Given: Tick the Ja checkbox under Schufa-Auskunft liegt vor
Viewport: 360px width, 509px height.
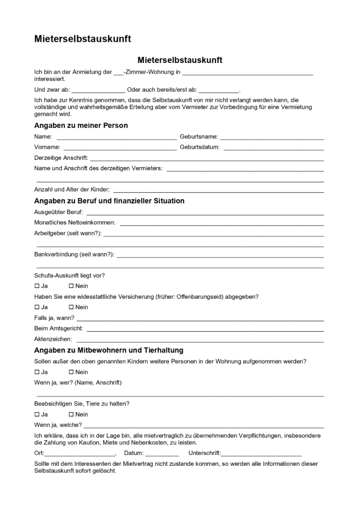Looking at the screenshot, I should tap(37, 286).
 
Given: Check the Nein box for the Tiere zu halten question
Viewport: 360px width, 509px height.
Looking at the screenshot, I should tap(71, 414).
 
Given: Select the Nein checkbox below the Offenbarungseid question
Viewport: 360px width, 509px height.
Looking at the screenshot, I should tap(71, 307).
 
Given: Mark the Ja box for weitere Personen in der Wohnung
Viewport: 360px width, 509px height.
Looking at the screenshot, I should tap(37, 372).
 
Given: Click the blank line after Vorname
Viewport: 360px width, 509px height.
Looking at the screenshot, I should tap(120, 148).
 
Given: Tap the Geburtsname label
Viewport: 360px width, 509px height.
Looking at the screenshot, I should tap(199, 136).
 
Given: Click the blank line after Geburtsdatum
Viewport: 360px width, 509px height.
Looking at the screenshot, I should tap(273, 148).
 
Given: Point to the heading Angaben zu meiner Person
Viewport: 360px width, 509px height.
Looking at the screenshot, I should tap(81, 126).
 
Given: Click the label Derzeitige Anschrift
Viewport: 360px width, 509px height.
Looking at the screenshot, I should tap(61, 158).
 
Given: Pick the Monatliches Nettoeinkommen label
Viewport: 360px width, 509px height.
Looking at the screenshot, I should tap(75, 222).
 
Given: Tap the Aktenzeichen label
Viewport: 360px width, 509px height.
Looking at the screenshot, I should tap(53, 339).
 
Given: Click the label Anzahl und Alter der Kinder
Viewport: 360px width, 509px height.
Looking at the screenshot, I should tap(72, 190).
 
